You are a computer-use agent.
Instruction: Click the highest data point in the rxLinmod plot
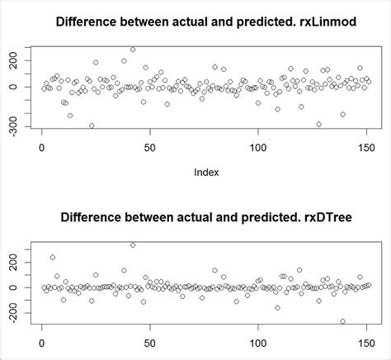coord(133,50)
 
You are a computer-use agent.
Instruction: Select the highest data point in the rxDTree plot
coord(133,245)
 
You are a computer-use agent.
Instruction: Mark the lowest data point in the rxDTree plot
coord(342,321)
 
